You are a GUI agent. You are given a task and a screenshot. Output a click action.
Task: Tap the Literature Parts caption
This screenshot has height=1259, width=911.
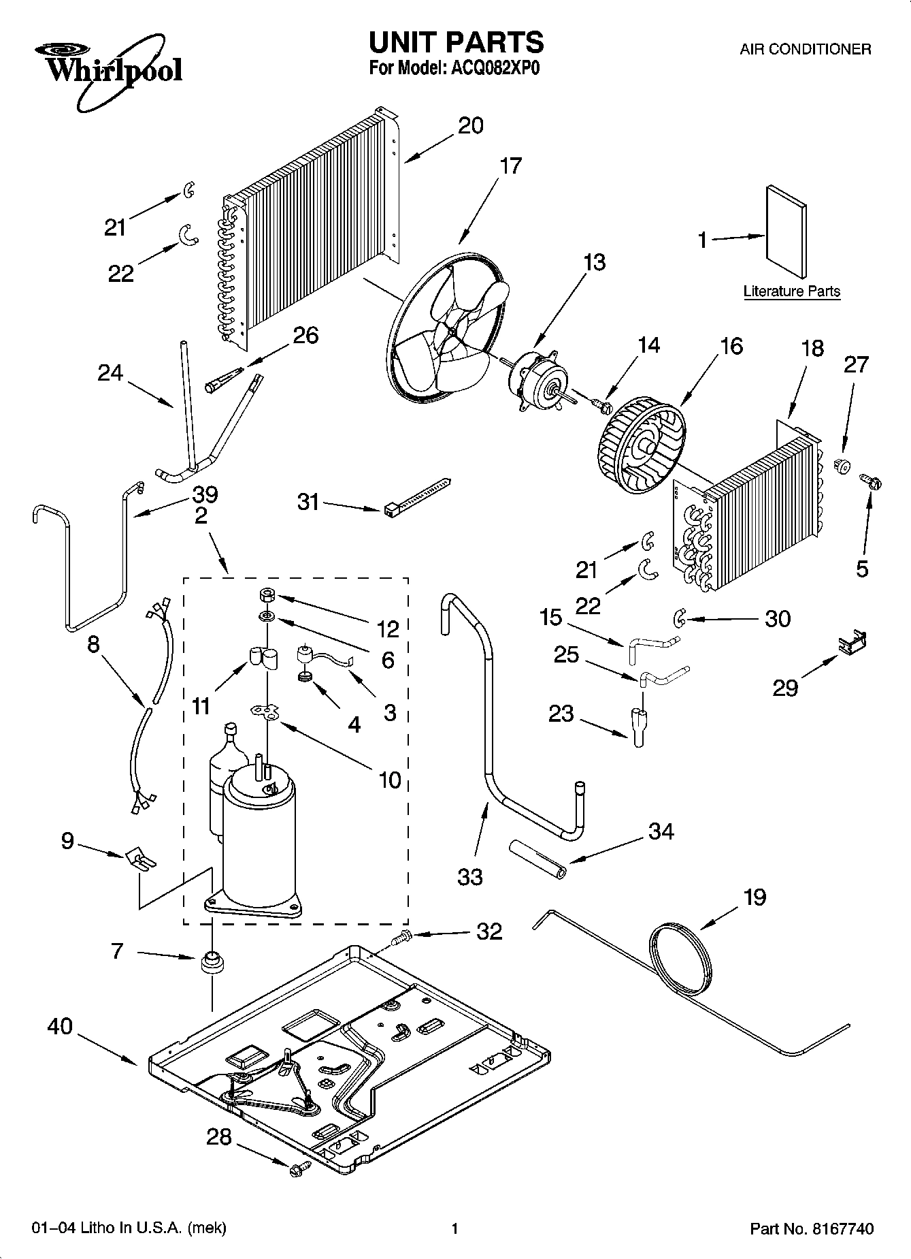coord(791,291)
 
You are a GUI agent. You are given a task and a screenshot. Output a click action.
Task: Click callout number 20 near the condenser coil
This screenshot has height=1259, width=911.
coord(470,125)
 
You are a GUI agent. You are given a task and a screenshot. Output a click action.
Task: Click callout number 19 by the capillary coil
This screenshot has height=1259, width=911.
coord(755,897)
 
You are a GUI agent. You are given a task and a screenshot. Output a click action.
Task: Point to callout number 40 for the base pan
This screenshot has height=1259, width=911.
coord(60,1025)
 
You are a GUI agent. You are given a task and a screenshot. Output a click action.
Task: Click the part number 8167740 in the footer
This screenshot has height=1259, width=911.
coord(842,1229)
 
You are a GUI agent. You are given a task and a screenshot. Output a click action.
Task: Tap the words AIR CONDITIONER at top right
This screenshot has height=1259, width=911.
coord(805,49)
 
